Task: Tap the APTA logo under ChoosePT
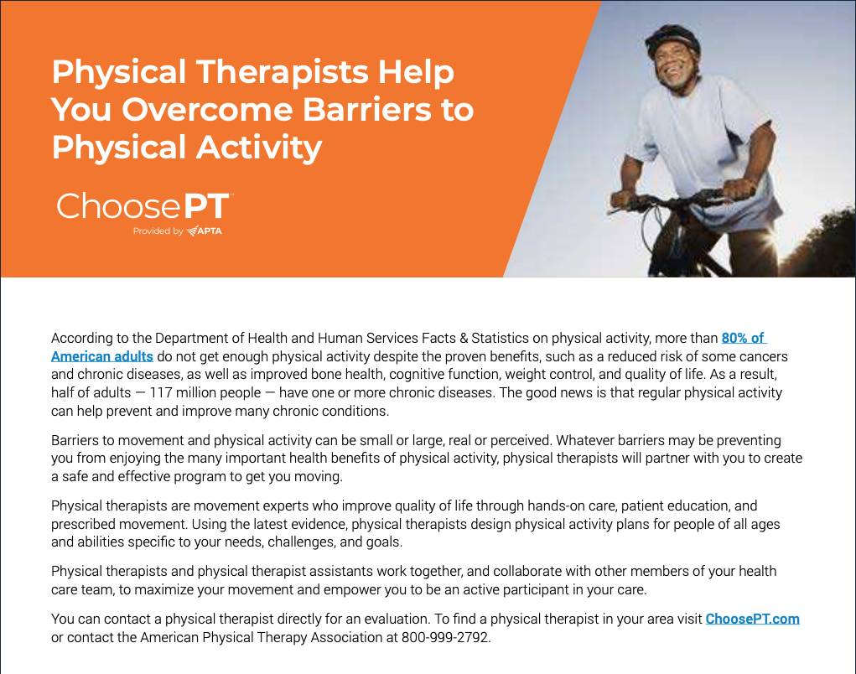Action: [x=205, y=231]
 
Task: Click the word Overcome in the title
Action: [x=207, y=109]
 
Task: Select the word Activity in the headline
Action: [x=259, y=148]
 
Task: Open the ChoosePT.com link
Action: [x=752, y=619]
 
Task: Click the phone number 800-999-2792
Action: [x=445, y=637]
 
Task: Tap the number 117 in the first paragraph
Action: [x=161, y=393]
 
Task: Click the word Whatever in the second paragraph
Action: [x=584, y=440]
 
